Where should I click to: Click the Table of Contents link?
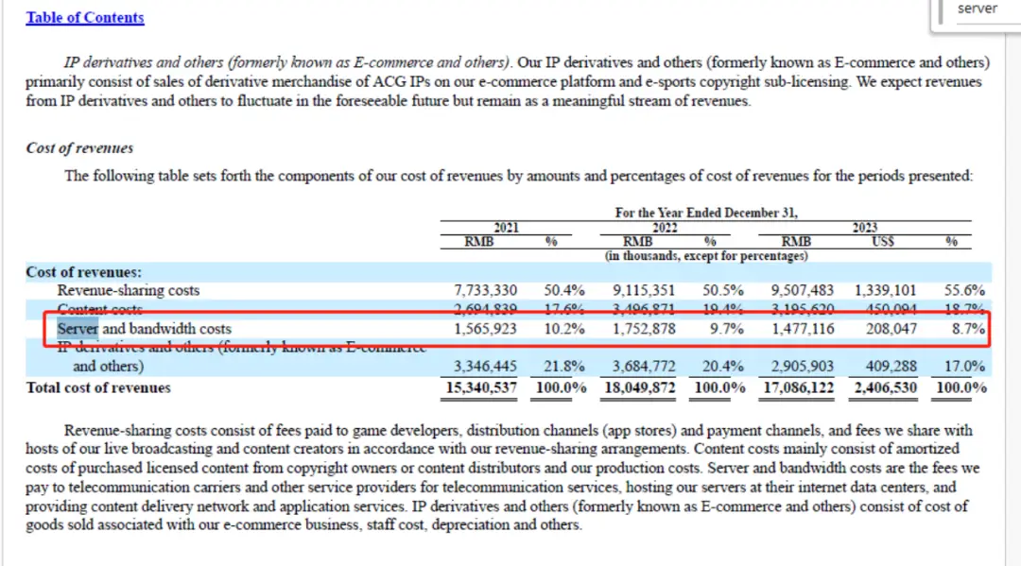(x=85, y=18)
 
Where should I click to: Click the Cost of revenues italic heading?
(x=79, y=148)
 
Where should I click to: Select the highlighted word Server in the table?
(x=78, y=329)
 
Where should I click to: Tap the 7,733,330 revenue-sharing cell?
(x=486, y=291)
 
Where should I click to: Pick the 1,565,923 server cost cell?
(x=486, y=329)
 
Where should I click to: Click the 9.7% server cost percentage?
(x=728, y=329)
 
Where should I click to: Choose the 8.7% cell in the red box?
(x=966, y=329)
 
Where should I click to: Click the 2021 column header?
(x=506, y=228)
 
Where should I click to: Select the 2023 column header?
(x=864, y=228)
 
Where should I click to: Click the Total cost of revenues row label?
(x=98, y=387)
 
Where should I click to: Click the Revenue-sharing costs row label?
(x=129, y=291)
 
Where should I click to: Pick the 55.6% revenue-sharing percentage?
(x=964, y=291)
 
